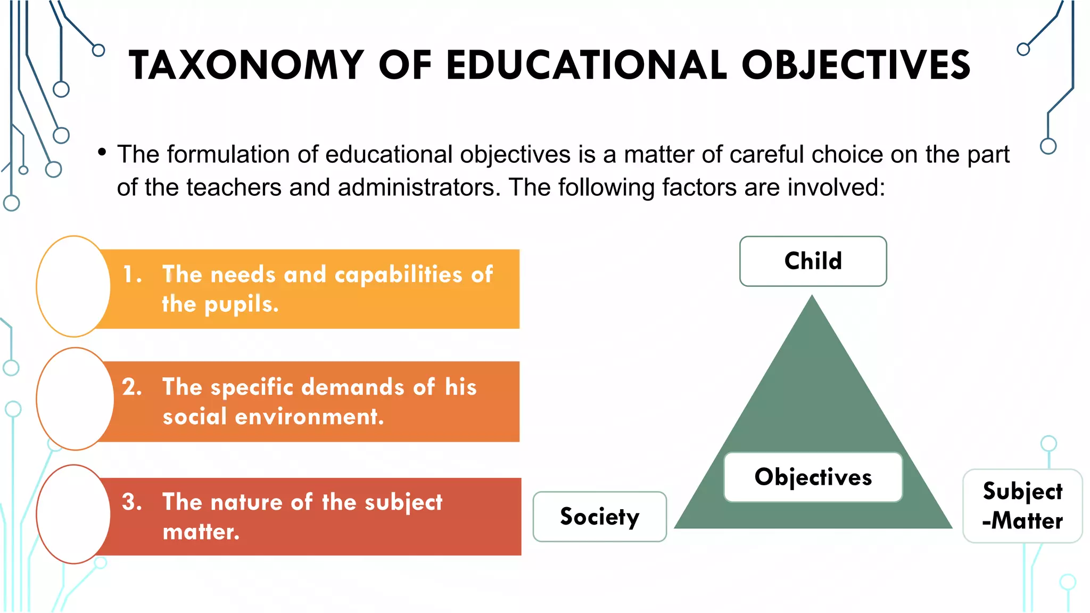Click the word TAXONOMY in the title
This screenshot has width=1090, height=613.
[246, 65]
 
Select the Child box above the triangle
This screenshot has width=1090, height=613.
[813, 261]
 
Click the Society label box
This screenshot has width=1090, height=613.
[599, 517]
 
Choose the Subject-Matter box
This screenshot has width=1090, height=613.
[1022, 506]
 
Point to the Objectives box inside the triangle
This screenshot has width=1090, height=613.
[813, 477]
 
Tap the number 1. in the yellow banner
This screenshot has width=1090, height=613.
[132, 275]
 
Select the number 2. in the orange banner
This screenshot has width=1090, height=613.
[132, 387]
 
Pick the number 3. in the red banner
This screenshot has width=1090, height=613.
[132, 502]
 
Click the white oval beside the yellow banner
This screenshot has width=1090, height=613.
[73, 286]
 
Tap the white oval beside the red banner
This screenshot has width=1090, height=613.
[73, 514]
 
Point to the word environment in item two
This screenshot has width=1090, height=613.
[309, 417]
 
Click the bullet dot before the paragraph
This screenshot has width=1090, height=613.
[102, 153]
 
